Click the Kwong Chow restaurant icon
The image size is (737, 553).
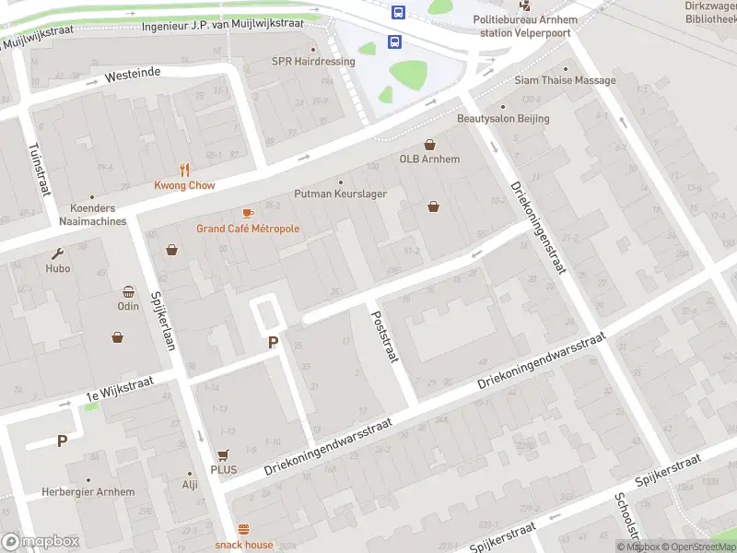[x=185, y=170]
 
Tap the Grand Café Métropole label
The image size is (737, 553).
[x=247, y=229]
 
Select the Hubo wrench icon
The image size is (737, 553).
[x=58, y=253]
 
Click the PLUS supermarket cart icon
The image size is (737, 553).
[x=223, y=454]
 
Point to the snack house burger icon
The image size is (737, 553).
[x=244, y=529]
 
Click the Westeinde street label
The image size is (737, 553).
[x=133, y=73]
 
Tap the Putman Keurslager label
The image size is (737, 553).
[x=340, y=194]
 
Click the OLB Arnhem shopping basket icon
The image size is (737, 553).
[x=429, y=145]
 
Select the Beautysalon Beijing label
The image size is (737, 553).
[x=503, y=119]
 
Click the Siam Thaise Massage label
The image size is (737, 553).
[x=566, y=80]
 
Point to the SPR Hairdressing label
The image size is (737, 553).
[x=312, y=62]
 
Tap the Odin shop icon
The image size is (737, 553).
[x=128, y=291]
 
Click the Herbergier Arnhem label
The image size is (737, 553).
[x=88, y=492]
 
